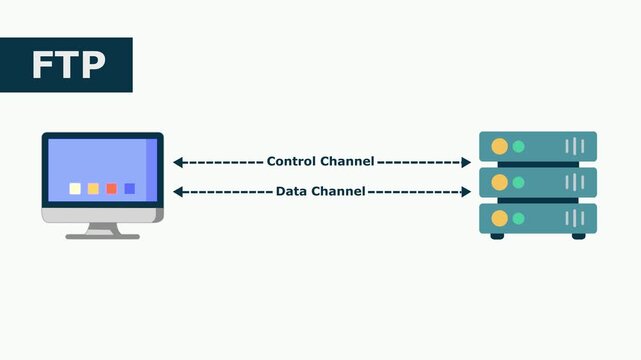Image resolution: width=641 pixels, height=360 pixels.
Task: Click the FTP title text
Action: [67, 65]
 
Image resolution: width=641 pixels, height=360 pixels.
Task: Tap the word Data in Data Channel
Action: [292, 191]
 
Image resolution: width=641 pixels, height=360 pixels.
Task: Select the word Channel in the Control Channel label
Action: [347, 161]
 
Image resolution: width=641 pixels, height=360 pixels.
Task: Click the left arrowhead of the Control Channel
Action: [177, 162]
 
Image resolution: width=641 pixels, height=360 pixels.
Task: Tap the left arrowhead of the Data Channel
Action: [177, 191]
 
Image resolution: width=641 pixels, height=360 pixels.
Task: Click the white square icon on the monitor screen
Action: [75, 188]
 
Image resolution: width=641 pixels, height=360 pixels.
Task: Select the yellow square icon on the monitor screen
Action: [93, 188]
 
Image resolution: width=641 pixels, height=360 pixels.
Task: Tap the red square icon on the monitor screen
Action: [111, 188]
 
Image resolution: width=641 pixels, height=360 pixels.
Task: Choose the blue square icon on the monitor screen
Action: [129, 188]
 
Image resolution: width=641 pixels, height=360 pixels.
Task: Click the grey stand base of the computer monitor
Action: [103, 236]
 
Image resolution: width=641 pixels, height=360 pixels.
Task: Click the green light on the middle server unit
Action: [518, 182]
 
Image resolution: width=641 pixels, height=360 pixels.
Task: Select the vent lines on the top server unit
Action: [575, 146]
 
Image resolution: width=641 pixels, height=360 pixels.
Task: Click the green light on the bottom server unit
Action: [518, 218]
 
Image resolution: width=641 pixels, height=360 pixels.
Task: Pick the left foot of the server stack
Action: [497, 236]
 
